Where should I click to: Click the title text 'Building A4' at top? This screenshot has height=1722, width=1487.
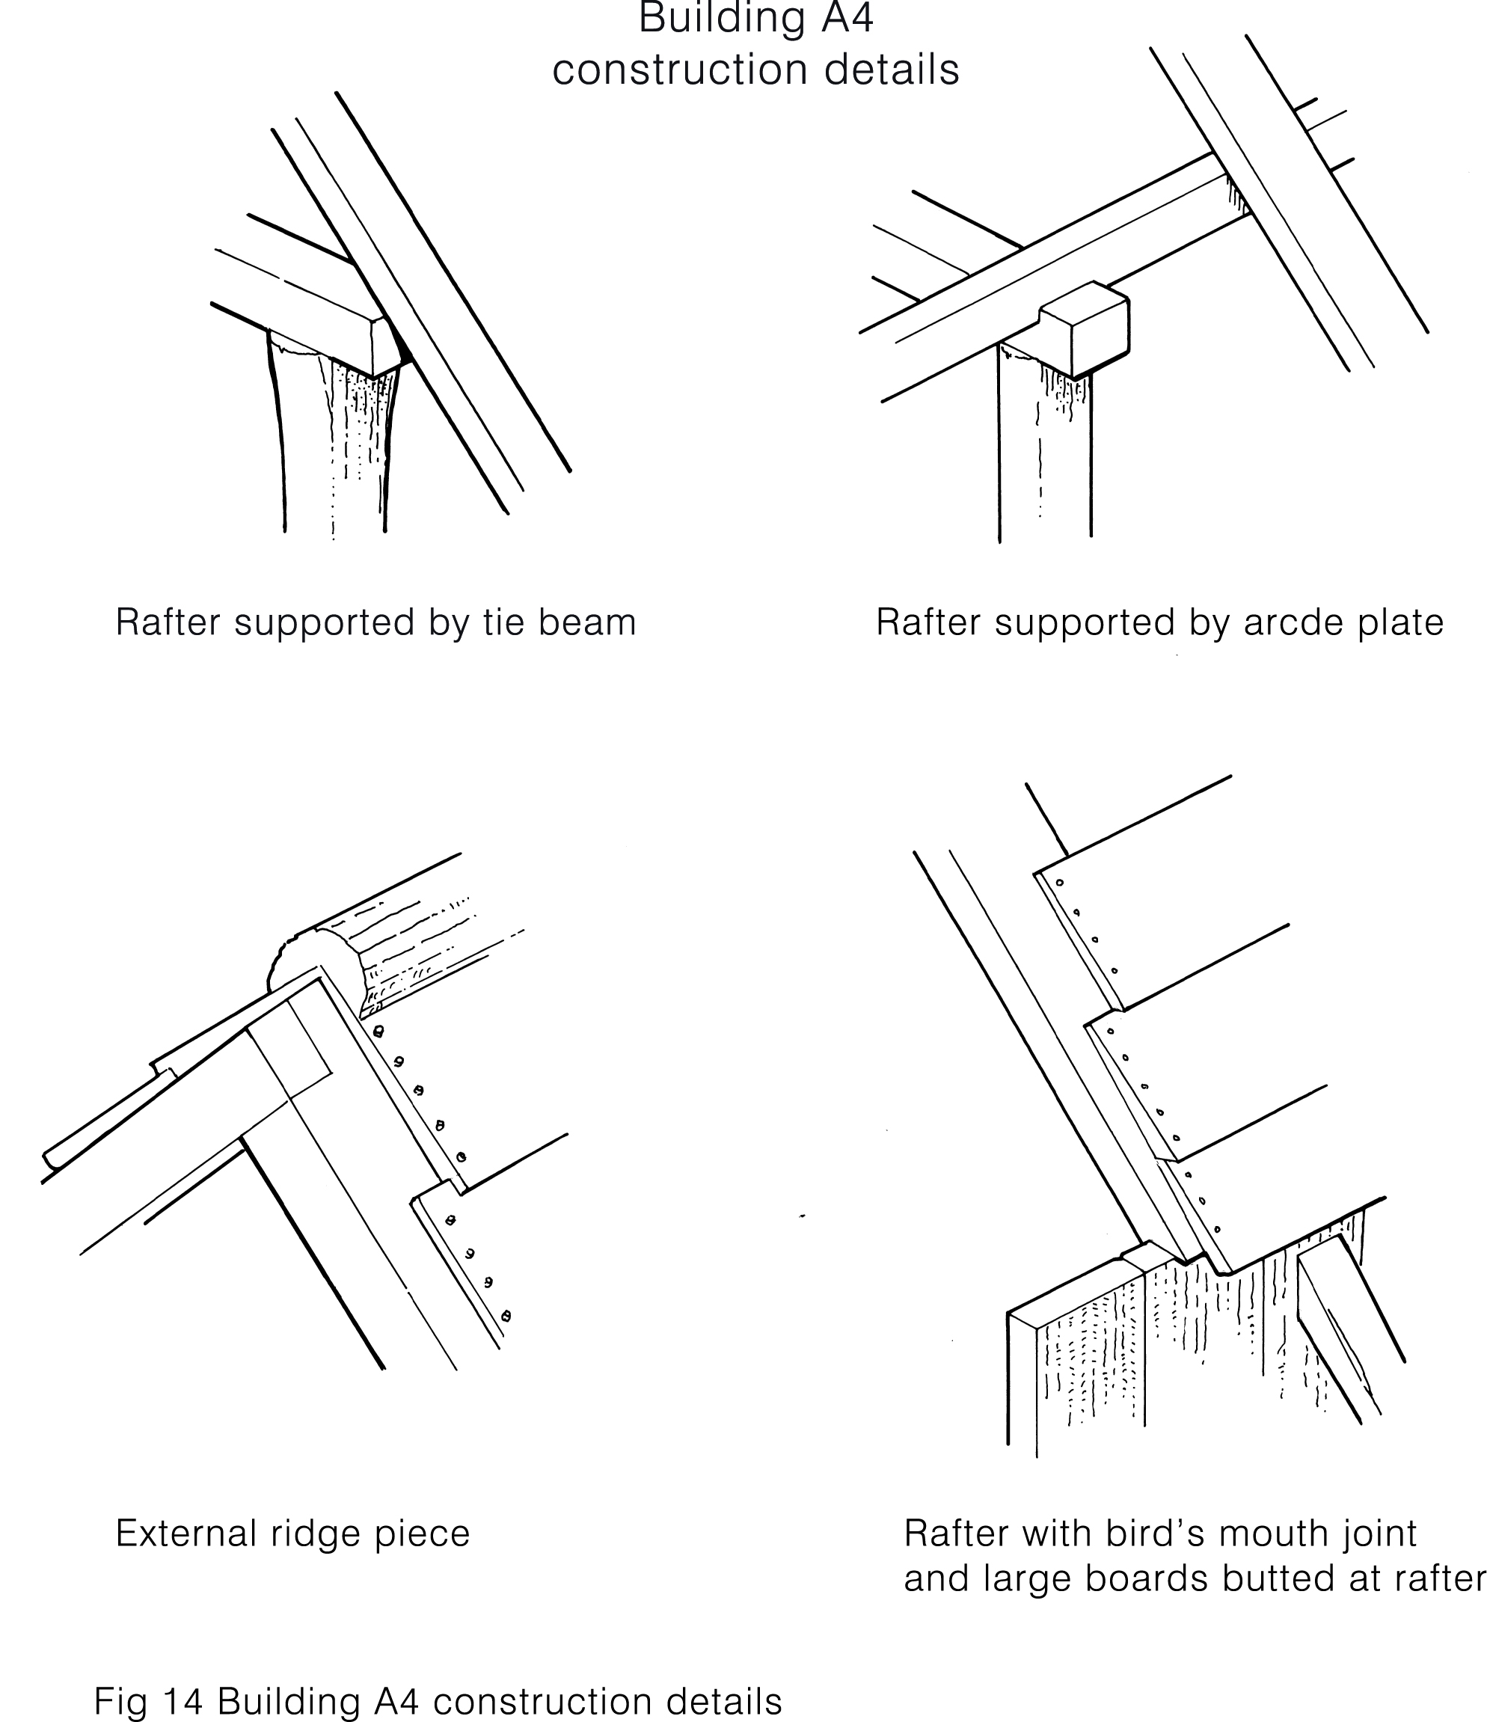pyautogui.click(x=755, y=18)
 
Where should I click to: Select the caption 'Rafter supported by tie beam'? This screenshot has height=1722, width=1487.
pyautogui.click(x=375, y=622)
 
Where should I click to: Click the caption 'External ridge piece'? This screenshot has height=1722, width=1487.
pyautogui.click(x=292, y=1533)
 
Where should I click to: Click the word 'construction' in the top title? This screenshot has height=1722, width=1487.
pyautogui.click(x=681, y=70)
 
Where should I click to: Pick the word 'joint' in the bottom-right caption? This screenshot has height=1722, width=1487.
pyautogui.click(x=1380, y=1533)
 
